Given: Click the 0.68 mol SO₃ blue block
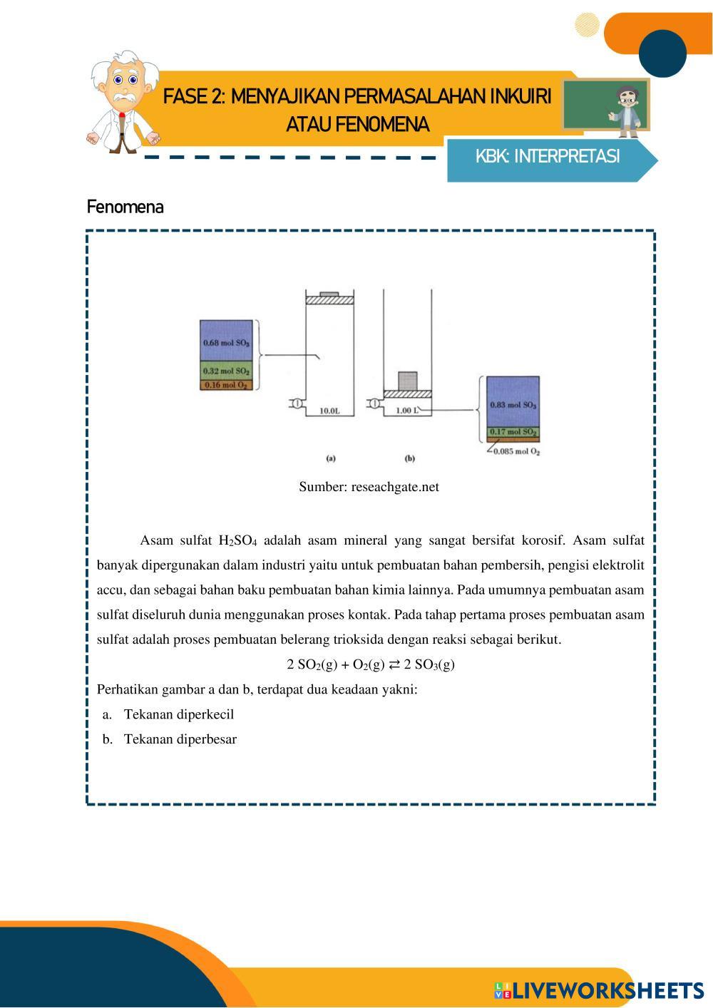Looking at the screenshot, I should tap(227, 341).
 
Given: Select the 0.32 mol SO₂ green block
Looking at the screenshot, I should tap(227, 371).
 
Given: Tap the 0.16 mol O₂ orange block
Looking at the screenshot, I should tap(227, 385).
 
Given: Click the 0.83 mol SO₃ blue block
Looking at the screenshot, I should tap(513, 403).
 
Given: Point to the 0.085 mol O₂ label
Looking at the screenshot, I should tap(517, 451).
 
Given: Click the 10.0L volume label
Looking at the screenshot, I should tap(329, 411).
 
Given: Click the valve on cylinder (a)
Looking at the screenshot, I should tap(294, 403).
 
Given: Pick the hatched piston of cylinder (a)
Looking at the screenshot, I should tap(329, 299).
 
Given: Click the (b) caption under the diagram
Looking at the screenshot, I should tap(409, 458).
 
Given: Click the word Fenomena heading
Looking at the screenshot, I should tap(125, 207).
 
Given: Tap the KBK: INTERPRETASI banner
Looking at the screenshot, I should tap(548, 157).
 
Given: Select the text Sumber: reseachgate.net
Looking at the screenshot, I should tap(369, 487).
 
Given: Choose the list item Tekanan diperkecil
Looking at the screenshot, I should tap(178, 714).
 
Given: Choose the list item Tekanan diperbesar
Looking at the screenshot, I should tap(180, 739).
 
